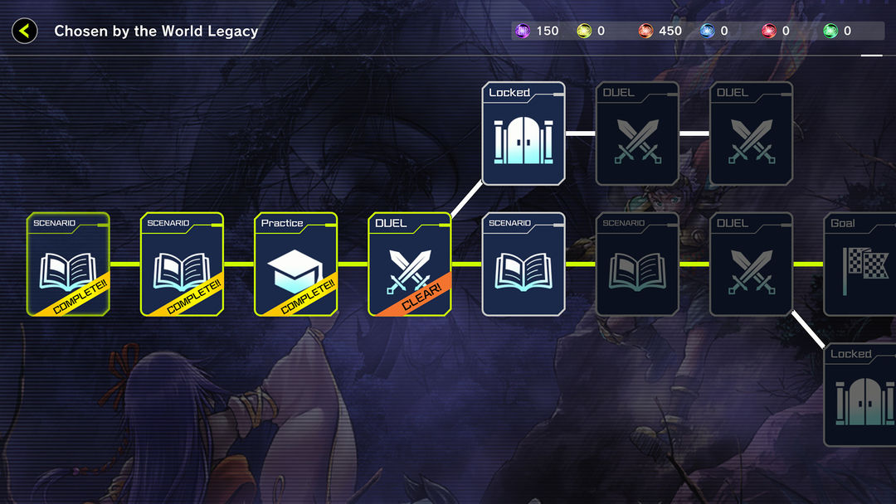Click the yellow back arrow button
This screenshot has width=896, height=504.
25,31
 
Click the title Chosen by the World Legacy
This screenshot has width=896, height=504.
156,31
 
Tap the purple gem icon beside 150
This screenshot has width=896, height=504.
523,31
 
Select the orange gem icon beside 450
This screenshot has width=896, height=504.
645,31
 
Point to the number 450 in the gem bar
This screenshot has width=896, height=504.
670,31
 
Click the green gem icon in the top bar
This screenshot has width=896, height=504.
830,31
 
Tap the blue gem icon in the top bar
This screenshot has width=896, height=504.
708,31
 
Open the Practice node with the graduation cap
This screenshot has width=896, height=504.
295,264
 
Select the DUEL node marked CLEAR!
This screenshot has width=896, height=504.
410,264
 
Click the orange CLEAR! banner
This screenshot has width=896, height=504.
420,297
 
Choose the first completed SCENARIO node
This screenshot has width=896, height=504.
68,264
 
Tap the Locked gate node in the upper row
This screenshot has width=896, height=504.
523,133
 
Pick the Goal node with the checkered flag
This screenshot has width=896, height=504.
859,264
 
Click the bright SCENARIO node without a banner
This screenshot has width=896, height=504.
523,264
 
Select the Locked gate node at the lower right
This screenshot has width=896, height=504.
859,395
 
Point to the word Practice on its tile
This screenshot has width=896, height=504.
282,223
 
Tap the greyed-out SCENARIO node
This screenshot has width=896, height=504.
637,264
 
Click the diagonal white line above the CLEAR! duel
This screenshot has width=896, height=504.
466,199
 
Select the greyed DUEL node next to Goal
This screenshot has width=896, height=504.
751,264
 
